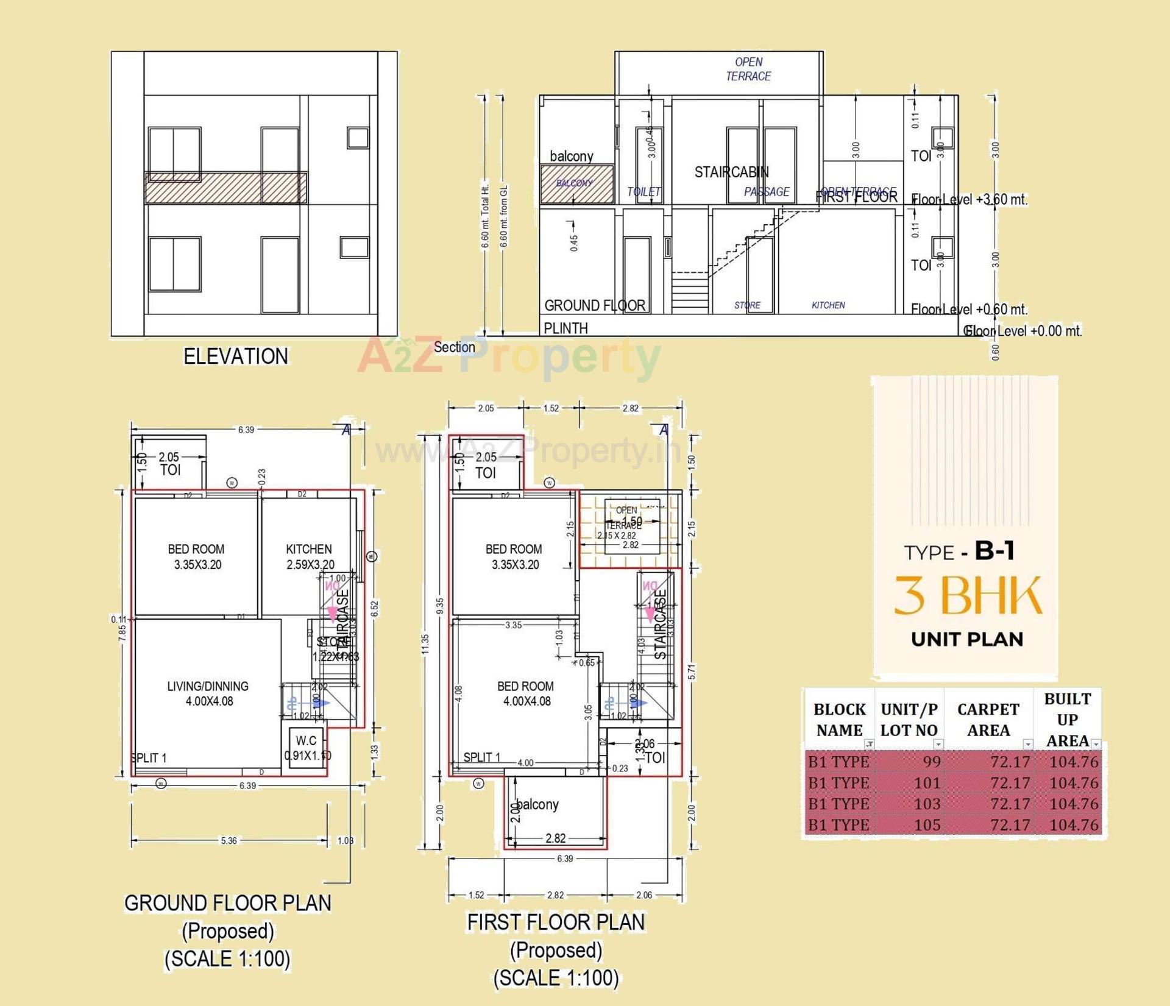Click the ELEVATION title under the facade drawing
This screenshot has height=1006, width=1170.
point(236,356)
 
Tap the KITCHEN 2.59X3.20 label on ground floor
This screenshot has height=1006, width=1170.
point(310,556)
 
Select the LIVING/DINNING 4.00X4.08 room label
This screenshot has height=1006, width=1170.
point(208,693)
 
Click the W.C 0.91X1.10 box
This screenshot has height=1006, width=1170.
point(306,748)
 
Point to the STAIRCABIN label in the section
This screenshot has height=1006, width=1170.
point(731,172)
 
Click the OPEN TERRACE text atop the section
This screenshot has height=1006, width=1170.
point(748,69)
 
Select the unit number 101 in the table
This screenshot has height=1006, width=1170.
point(927,782)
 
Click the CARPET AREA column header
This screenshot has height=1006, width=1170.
point(988,720)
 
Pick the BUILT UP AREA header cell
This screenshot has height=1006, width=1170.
point(1067,720)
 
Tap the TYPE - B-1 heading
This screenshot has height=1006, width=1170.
point(959,551)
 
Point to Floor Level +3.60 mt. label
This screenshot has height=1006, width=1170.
point(969,200)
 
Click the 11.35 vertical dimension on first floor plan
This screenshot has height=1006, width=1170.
point(425,644)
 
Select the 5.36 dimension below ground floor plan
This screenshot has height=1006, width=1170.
point(229,841)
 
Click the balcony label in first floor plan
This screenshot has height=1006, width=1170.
point(537,804)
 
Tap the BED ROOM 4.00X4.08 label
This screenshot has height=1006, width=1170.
point(526,693)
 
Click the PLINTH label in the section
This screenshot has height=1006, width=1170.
point(565,328)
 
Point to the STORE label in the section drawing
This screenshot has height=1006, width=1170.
point(747,305)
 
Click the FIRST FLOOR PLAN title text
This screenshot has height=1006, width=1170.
point(556,923)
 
